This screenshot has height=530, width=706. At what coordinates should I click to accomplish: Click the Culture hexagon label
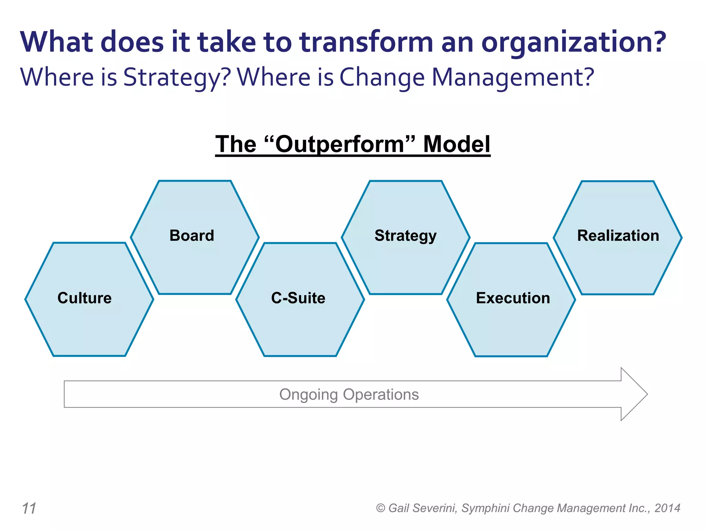coord(84,298)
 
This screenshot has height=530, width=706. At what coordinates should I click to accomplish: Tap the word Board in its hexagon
coord(192,236)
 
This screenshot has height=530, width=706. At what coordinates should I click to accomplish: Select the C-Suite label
coord(298,298)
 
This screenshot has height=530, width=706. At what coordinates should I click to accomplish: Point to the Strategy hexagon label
coord(405,236)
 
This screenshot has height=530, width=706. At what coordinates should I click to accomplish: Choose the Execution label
coord(513,298)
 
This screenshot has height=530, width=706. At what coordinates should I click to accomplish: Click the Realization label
coord(618,236)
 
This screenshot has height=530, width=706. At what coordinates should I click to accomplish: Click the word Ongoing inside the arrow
coord(308,395)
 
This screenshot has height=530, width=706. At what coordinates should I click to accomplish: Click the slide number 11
coord(29,508)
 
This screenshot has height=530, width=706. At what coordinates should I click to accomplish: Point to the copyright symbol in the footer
coord(380,508)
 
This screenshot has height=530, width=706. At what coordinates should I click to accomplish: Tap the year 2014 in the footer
coord(667,508)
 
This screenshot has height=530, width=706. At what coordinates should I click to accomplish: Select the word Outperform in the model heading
coord(340,144)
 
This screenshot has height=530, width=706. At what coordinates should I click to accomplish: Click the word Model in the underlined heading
coord(456,144)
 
